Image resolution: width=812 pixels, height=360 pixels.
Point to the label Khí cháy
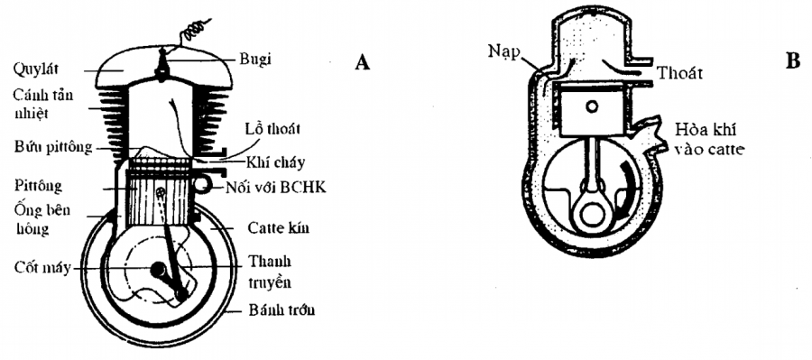click(x=276, y=162)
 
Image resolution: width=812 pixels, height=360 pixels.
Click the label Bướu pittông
click(x=53, y=146)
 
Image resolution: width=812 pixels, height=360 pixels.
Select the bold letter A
click(x=363, y=62)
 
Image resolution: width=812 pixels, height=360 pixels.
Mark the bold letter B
click(x=793, y=61)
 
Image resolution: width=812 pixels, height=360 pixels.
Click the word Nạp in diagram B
click(x=503, y=53)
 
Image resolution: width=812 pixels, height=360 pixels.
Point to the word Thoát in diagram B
click(x=680, y=74)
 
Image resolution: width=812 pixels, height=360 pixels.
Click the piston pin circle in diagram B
click(x=591, y=106)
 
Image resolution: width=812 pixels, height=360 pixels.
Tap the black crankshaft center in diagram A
click(x=157, y=270)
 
